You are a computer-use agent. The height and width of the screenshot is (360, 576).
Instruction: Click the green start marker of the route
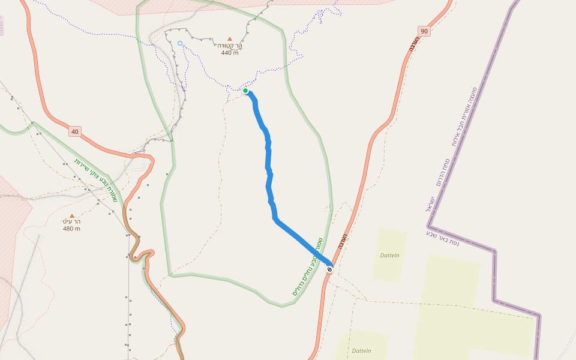[245, 91]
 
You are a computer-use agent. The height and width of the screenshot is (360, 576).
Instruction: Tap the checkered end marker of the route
[329, 269]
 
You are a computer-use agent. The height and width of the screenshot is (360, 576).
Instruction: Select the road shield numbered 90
[424, 31]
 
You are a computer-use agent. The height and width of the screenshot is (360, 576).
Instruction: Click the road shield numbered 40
[74, 131]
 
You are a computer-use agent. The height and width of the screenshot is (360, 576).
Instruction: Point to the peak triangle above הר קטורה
[229, 38]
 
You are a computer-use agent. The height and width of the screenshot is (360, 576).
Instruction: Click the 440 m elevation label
[229, 53]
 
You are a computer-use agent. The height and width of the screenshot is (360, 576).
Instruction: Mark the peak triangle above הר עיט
[72, 215]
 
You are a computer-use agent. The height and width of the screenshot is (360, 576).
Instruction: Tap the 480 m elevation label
[71, 229]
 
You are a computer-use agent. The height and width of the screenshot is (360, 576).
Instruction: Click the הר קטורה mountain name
[230, 46]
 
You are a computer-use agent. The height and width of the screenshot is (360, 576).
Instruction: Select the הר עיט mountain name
[71, 221]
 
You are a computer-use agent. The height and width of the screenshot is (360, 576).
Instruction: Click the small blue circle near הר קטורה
[180, 43]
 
